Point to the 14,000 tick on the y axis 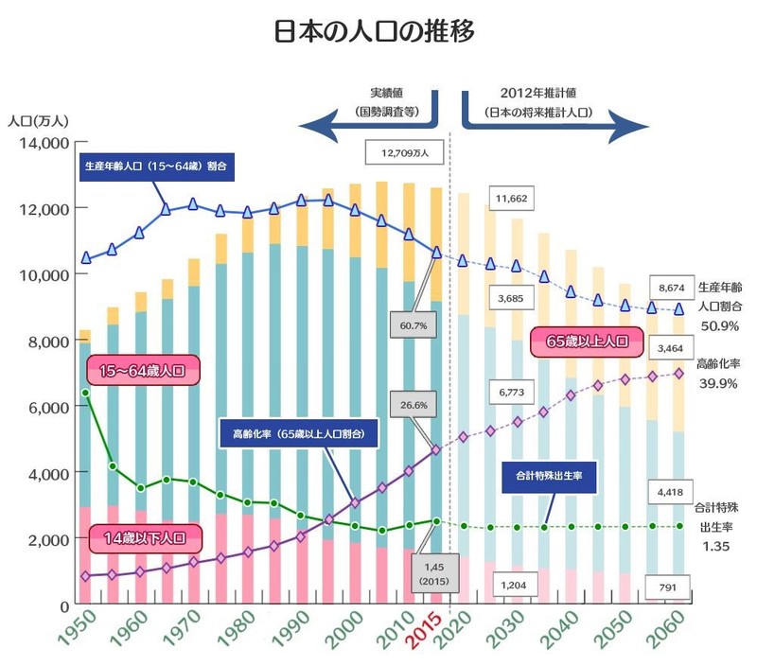[40, 143]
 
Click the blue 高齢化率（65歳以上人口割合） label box [305, 434]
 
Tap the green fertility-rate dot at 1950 [85, 392]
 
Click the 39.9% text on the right [718, 382]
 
